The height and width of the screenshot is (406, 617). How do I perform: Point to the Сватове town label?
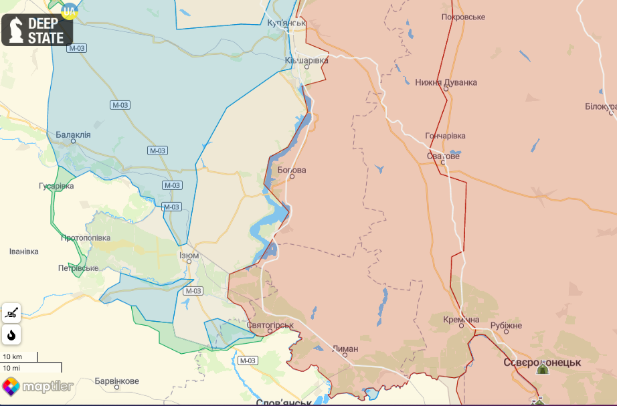(x=443, y=157)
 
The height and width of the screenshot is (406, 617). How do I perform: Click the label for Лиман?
(x=345, y=348)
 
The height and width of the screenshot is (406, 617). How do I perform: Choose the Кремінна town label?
(x=461, y=320)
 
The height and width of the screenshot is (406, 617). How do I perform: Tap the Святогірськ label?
(x=270, y=326)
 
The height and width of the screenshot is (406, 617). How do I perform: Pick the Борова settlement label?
(x=292, y=170)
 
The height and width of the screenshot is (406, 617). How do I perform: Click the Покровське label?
(x=463, y=17)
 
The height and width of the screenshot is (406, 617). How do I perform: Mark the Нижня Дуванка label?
(x=446, y=82)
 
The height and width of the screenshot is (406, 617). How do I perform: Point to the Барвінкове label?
(x=116, y=381)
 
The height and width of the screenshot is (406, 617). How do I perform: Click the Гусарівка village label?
(x=56, y=185)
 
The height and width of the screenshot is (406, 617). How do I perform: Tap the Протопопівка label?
(x=85, y=237)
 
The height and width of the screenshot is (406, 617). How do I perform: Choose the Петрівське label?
(x=78, y=268)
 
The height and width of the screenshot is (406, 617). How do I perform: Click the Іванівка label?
(x=24, y=251)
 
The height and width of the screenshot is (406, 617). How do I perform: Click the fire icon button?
(x=11, y=334)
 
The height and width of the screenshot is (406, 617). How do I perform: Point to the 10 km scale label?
(x=13, y=357)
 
